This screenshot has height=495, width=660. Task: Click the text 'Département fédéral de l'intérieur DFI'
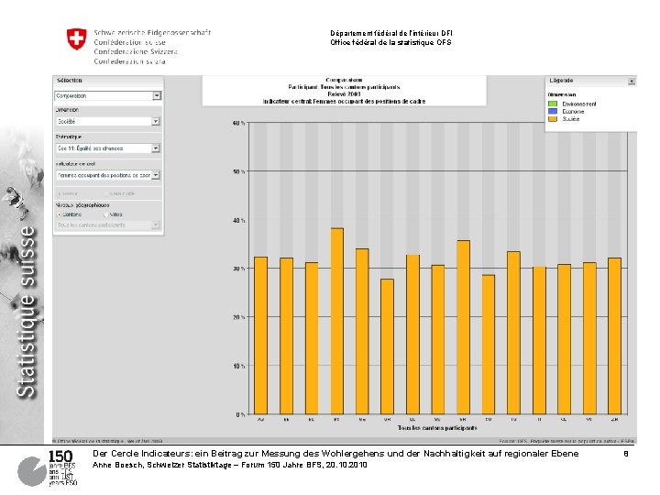[390, 33]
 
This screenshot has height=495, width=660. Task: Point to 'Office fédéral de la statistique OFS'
[390, 43]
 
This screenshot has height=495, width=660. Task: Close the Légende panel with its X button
[631, 81]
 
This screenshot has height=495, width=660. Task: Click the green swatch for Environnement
[553, 104]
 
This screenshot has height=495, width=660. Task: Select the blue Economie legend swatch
[553, 111]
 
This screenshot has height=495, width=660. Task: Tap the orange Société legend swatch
[553, 118]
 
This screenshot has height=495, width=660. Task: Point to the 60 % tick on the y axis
[236, 123]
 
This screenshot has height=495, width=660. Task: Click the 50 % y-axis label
[236, 171]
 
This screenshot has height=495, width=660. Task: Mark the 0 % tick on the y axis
[238, 414]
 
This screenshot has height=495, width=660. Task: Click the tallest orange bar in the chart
[336, 321]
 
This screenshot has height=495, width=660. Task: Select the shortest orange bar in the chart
[387, 346]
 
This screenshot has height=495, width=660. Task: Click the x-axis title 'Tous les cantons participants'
[436, 429]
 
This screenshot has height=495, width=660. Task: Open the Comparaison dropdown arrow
[157, 95]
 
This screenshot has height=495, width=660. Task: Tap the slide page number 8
[625, 454]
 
